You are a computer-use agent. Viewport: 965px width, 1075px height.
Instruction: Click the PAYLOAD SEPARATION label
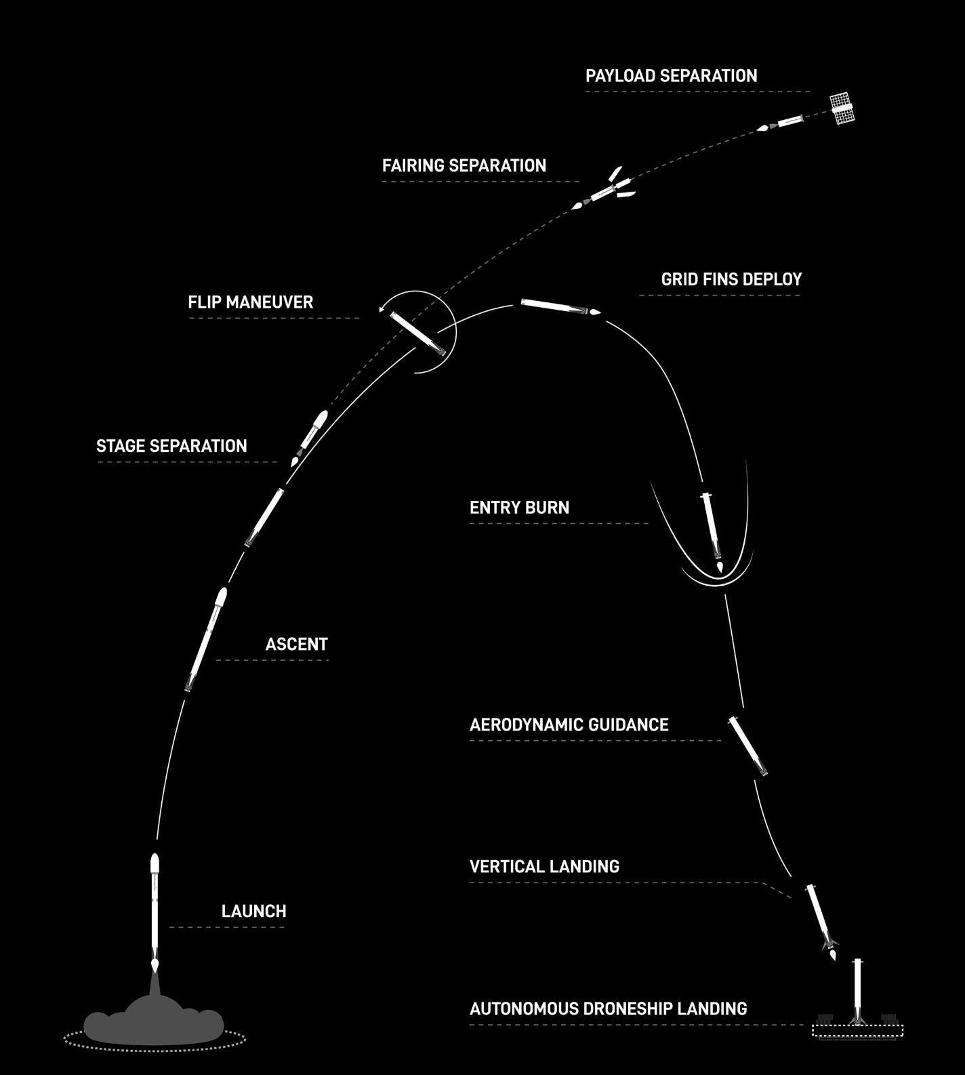671,76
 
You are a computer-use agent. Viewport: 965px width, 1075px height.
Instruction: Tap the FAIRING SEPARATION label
464,166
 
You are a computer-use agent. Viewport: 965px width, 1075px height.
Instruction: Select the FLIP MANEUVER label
251,302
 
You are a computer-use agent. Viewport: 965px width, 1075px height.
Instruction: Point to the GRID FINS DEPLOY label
731,279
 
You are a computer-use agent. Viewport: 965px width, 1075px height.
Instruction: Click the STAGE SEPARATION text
171,446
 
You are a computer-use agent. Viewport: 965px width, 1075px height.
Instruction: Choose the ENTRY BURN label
519,508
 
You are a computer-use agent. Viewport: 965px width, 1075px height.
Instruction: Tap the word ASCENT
296,644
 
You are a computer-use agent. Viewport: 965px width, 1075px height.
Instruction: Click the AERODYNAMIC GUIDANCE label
569,725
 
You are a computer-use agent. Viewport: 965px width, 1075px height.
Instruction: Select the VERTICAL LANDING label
544,866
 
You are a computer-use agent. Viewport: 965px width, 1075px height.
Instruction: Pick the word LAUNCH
253,911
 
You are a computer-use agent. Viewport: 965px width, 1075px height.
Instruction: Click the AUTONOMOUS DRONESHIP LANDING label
608,1009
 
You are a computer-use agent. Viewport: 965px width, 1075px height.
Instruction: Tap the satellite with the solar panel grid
842,108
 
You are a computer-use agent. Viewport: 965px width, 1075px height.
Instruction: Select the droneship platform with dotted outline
857,1030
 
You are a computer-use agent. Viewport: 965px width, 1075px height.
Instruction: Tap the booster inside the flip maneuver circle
422,333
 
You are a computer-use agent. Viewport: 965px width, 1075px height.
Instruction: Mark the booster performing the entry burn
712,525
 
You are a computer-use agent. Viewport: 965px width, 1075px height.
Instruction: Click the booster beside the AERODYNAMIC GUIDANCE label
747,746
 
